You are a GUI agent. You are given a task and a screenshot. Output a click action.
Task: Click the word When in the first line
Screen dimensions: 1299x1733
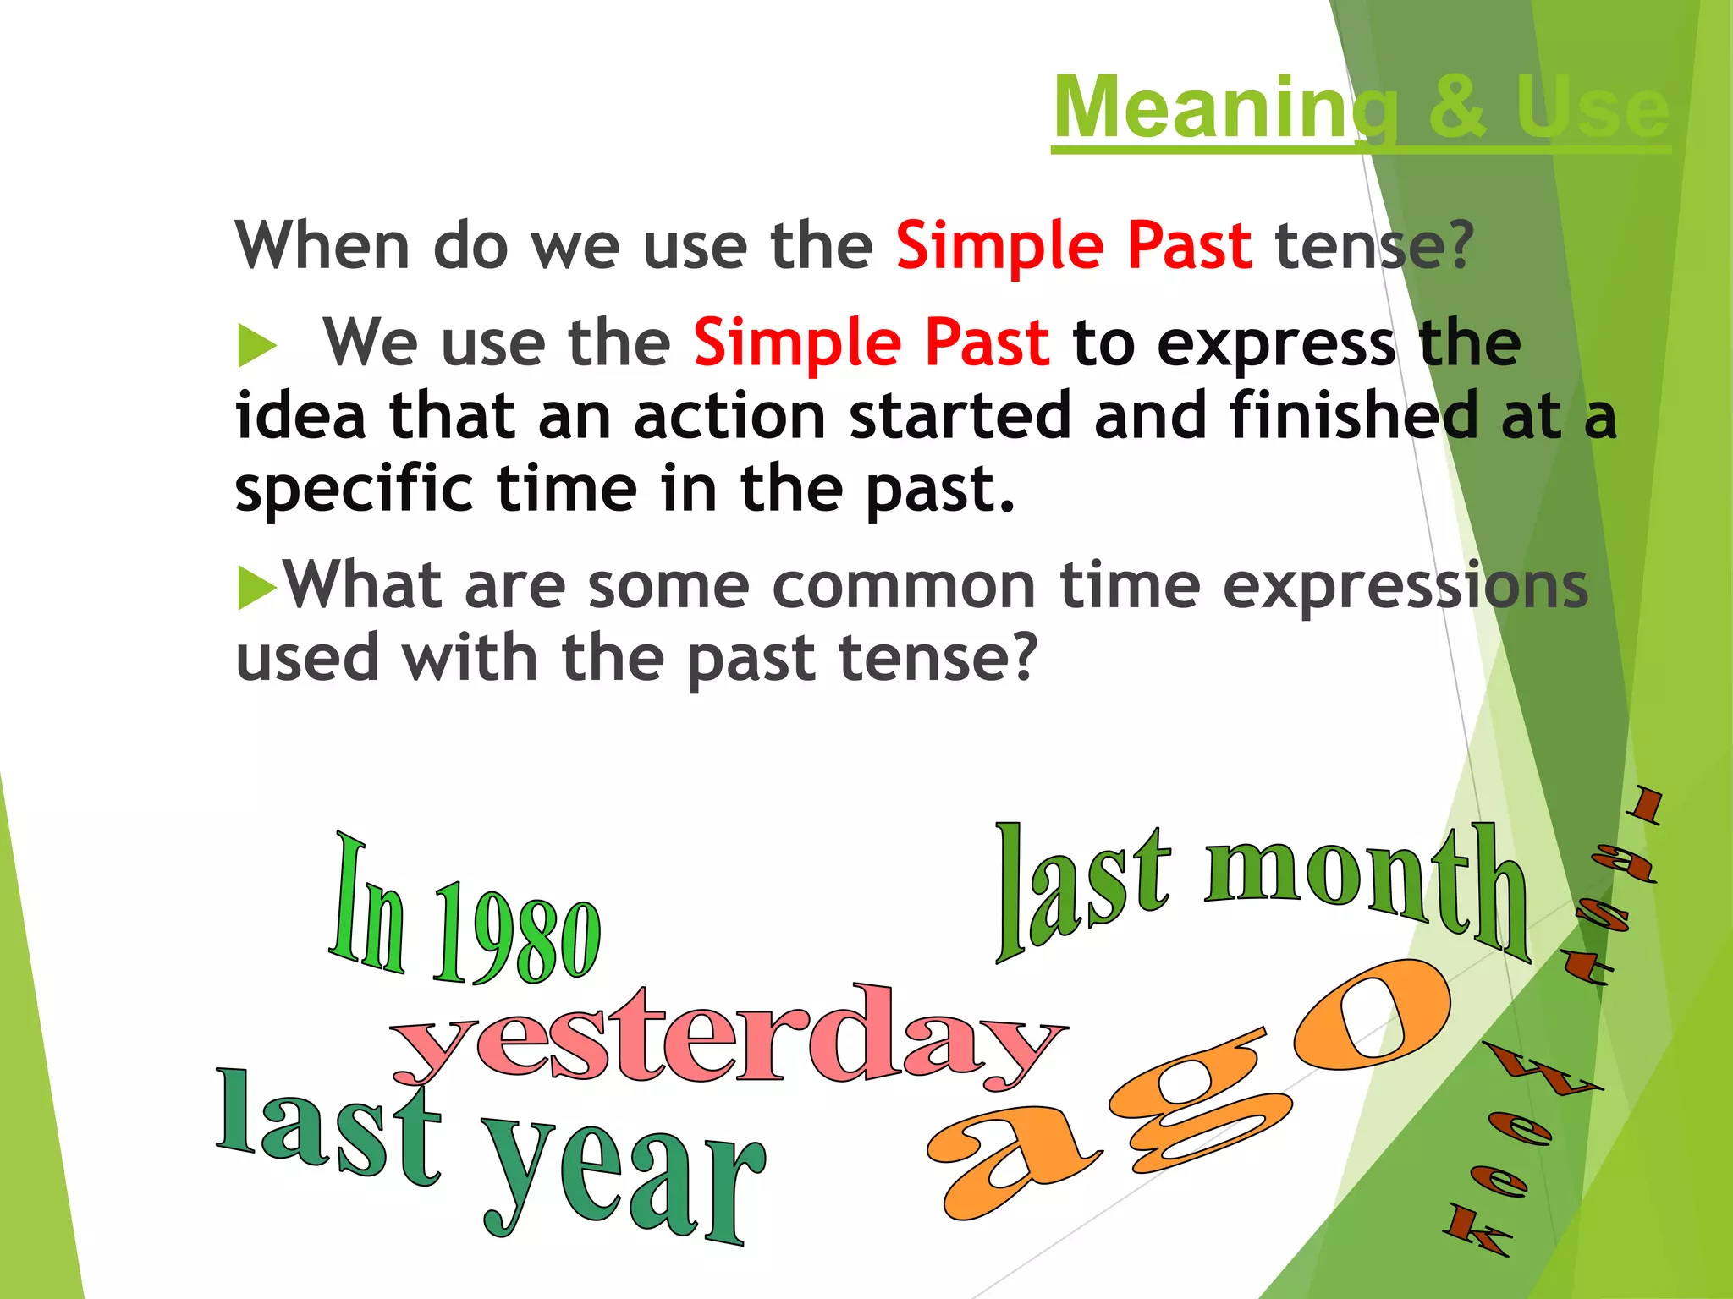(322, 245)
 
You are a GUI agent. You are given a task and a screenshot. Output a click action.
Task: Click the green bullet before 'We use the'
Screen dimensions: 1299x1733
(256, 346)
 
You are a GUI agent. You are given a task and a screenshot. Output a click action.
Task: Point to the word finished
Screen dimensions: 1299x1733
(1354, 416)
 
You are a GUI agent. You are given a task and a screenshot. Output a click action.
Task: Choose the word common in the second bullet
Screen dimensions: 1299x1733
(903, 586)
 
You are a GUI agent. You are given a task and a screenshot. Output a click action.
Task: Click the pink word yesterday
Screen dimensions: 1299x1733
(728, 1040)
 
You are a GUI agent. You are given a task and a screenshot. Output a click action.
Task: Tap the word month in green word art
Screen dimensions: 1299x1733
(1367, 888)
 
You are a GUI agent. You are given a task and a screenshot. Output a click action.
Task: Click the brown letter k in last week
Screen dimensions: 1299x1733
(1477, 1230)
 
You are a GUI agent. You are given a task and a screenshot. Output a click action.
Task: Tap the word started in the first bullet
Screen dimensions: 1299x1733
(960, 416)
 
